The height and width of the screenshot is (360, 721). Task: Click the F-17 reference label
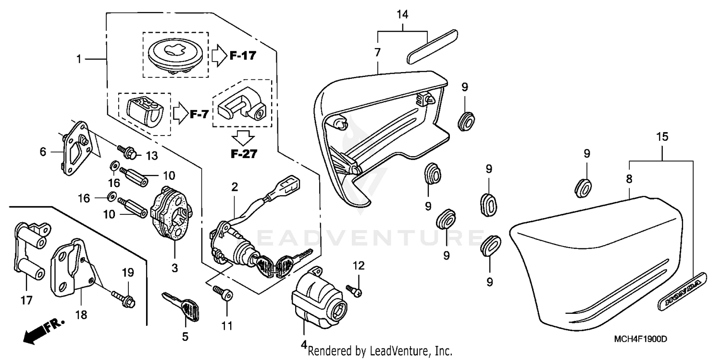tap(243, 56)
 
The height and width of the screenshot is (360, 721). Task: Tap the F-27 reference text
tap(244, 154)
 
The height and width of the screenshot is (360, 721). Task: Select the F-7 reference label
tap(199, 114)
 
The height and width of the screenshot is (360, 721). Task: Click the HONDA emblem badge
tap(682, 291)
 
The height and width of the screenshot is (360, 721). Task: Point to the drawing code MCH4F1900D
tap(641, 339)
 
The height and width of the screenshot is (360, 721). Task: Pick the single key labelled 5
tap(182, 307)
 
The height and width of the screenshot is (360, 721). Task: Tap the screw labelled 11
tap(223, 293)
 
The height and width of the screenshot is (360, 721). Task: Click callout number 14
tap(402, 14)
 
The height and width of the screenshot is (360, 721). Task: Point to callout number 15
tap(662, 137)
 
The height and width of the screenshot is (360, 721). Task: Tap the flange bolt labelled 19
tap(124, 298)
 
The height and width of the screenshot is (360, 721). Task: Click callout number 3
tap(174, 268)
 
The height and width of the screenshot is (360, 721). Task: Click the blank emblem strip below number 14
tap(432, 47)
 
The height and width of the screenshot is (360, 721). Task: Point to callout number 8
tap(629, 179)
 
